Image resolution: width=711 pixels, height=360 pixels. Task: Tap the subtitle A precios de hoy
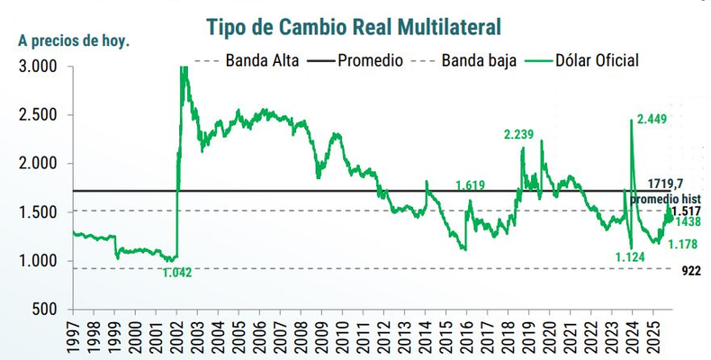74,40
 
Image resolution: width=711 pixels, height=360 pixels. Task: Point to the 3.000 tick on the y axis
39,67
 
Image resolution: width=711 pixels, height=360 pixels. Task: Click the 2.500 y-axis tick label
39,115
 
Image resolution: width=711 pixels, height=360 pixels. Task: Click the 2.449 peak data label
656,119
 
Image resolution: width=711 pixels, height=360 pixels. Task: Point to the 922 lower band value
687,270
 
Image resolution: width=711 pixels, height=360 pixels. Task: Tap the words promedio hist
667,198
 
